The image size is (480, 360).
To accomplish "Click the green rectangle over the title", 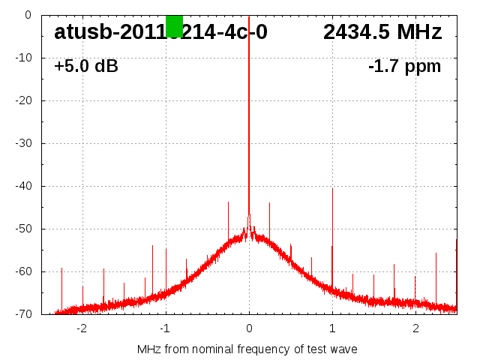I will [174, 25].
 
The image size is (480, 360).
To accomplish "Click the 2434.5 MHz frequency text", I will [382, 32].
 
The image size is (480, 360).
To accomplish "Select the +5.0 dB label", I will [86, 67].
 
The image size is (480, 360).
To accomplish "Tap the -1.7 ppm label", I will [404, 67].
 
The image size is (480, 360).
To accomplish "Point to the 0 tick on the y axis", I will [27, 15].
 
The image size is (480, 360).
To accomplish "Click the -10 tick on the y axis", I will [22, 58].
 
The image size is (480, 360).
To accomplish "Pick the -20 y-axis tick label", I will [22, 100].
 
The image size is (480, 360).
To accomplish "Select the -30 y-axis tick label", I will [22, 143].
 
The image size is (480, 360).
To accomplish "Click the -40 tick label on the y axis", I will [22, 186].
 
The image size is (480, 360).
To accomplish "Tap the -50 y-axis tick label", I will [22, 229].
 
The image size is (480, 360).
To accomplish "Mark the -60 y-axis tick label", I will [22, 271].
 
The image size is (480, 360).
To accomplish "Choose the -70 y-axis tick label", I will [22, 314].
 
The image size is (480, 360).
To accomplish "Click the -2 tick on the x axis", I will [81, 328].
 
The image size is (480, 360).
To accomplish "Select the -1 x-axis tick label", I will [164, 328].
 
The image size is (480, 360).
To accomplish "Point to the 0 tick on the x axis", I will [249, 328].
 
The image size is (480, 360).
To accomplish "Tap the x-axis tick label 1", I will [332, 328].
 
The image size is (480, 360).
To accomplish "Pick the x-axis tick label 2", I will [415, 328].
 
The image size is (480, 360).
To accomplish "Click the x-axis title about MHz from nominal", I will [247, 349].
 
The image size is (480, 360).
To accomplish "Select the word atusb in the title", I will [82, 32].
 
